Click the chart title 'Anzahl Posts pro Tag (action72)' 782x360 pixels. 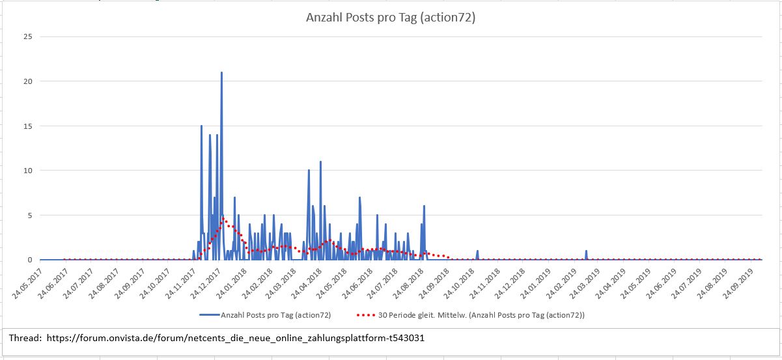click(391, 18)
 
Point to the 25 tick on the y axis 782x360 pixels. click(27, 36)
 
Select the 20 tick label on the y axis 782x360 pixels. click(27, 81)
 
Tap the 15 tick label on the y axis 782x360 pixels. click(27, 126)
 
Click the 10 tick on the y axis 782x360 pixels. click(27, 171)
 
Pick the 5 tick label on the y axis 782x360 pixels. click(29, 215)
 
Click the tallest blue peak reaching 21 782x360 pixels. click(221, 73)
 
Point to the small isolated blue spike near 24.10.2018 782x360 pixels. click(477, 251)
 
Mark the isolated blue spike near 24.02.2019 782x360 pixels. click(586, 251)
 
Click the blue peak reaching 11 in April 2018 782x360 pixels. click(320, 162)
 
